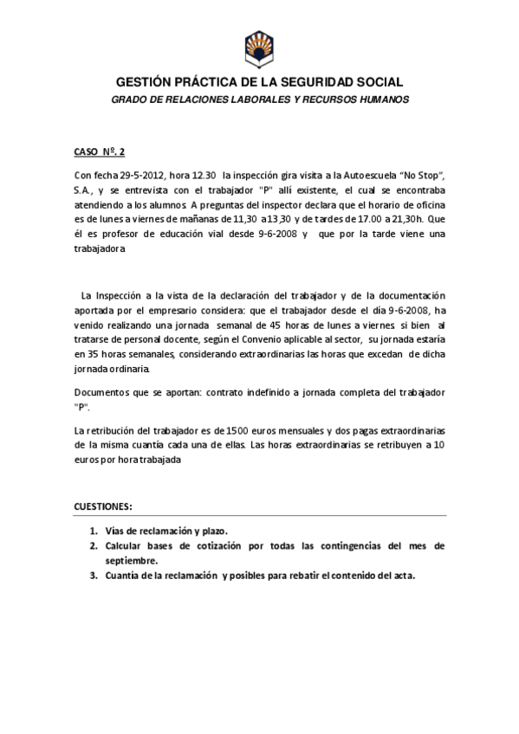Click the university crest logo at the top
pyautogui.click(x=259, y=48)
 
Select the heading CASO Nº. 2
pyautogui.click(x=100, y=151)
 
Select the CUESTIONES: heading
pyautogui.click(x=103, y=505)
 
